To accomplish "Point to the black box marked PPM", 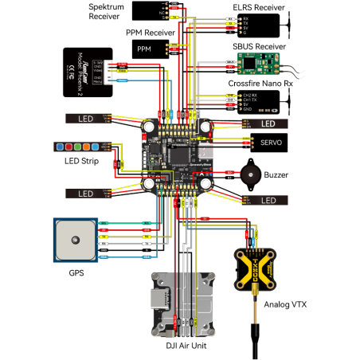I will [x=144, y=49].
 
